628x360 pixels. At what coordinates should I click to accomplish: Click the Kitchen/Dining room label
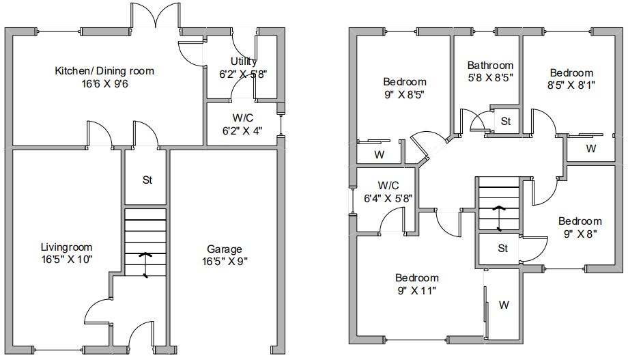pyautogui.click(x=104, y=71)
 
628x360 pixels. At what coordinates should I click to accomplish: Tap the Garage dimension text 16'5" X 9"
pyautogui.click(x=225, y=262)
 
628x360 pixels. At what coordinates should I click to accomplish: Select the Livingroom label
pyautogui.click(x=66, y=247)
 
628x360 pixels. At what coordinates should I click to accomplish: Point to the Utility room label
pyautogui.click(x=244, y=61)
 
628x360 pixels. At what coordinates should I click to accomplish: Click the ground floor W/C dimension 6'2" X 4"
pyautogui.click(x=242, y=130)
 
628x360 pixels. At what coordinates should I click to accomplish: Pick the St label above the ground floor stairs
pyautogui.click(x=147, y=180)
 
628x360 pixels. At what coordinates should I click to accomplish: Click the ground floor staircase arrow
pyautogui.click(x=145, y=265)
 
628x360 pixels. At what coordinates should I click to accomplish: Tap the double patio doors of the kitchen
pyautogui.click(x=155, y=16)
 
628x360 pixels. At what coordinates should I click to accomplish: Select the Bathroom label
pyautogui.click(x=490, y=66)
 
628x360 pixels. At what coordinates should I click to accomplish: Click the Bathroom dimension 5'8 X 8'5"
pyautogui.click(x=490, y=77)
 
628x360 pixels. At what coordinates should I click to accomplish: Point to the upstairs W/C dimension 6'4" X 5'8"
pyautogui.click(x=388, y=198)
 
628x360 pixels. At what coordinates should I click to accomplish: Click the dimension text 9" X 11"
pyautogui.click(x=416, y=290)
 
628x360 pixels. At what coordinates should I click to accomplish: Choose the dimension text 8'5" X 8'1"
pyautogui.click(x=571, y=85)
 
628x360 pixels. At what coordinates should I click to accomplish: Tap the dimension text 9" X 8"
pyautogui.click(x=580, y=234)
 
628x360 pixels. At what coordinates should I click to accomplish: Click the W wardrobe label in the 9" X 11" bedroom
pyautogui.click(x=504, y=305)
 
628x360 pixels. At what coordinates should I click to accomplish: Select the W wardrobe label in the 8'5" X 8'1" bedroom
pyautogui.click(x=591, y=148)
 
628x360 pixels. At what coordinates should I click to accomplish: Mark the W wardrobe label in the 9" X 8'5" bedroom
pyautogui.click(x=380, y=154)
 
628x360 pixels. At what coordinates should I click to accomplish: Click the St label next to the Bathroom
pyautogui.click(x=506, y=121)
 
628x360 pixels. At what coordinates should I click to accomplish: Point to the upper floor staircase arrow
pyautogui.click(x=498, y=219)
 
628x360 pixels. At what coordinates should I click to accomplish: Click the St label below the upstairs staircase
pyautogui.click(x=503, y=248)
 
